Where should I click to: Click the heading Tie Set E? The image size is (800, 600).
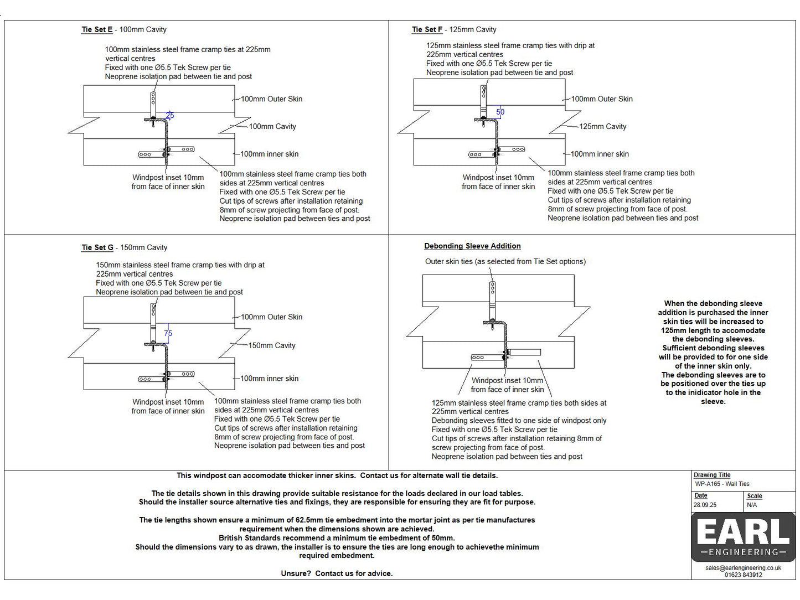pos(97,30)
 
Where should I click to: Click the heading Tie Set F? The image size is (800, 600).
pos(427,30)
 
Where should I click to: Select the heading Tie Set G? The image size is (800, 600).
pos(97,248)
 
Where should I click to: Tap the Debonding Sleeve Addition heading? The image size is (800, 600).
pos(472,246)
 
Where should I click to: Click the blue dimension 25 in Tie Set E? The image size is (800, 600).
pos(170,115)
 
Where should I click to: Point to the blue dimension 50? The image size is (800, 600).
pos(500,112)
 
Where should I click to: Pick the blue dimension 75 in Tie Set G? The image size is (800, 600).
pos(168,333)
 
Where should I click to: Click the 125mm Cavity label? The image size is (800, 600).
pos(602,127)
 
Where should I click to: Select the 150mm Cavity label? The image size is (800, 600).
pos(272,345)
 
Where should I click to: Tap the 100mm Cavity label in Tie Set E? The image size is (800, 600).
pos(272,127)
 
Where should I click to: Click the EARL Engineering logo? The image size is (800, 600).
pos(743,537)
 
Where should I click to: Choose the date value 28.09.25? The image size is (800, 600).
pos(705,505)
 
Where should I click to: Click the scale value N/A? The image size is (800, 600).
pos(752,505)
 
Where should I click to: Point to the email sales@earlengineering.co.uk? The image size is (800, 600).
pos(743,568)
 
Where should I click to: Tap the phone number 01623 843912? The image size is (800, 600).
pos(743,575)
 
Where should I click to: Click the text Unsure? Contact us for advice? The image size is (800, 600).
pos(337,573)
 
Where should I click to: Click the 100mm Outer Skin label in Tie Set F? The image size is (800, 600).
pos(602,99)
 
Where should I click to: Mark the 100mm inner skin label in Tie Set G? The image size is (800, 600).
pos(269,379)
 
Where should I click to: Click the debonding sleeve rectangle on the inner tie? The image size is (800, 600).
pos(524,352)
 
